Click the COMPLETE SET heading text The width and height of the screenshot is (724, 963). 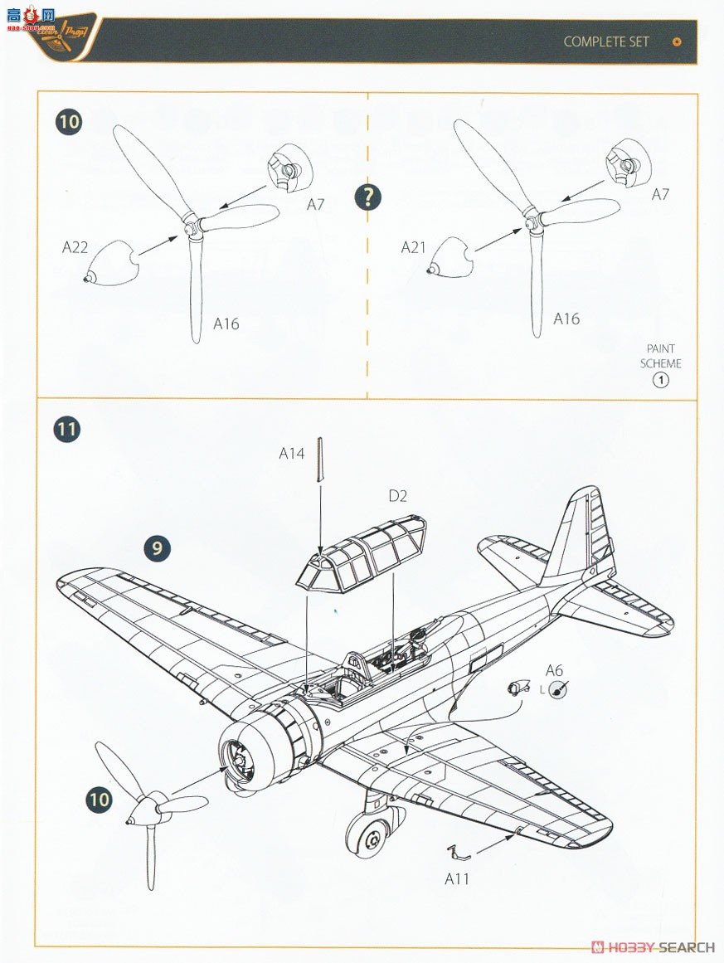606,41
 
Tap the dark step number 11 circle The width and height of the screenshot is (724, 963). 68,430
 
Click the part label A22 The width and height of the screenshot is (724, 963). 76,246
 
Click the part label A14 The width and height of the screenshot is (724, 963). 292,453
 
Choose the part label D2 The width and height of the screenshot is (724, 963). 398,497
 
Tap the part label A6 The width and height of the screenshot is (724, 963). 554,671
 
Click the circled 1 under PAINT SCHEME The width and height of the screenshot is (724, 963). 661,381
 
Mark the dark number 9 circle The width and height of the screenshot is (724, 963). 158,548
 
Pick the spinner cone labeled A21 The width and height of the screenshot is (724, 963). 451,256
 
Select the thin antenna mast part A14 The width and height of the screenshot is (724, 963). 319,460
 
